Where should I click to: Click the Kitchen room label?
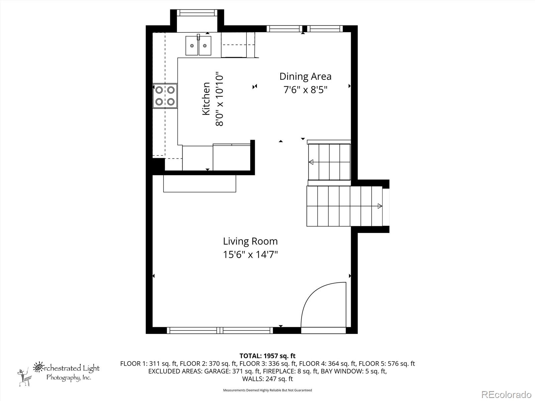(206, 99)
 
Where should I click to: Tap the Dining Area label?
(305, 77)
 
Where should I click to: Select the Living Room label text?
(250, 241)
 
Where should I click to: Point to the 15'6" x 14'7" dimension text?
(250, 255)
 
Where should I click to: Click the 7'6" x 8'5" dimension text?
(305, 90)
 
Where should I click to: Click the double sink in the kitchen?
(198, 46)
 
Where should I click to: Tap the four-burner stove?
(165, 96)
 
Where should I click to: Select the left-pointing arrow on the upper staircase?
(311, 162)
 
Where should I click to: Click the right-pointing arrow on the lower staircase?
(380, 206)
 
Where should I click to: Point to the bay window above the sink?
(197, 13)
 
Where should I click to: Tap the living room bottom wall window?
(220, 330)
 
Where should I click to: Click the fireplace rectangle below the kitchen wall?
(200, 183)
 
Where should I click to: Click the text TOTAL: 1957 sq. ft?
(267, 356)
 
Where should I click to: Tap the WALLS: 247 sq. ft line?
(267, 379)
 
